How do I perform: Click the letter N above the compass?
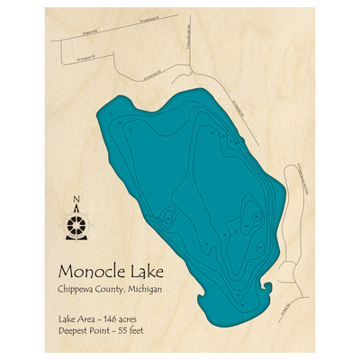pyautogui.click(x=77, y=202)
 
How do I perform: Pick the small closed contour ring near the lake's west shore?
pyautogui.click(x=166, y=216)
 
